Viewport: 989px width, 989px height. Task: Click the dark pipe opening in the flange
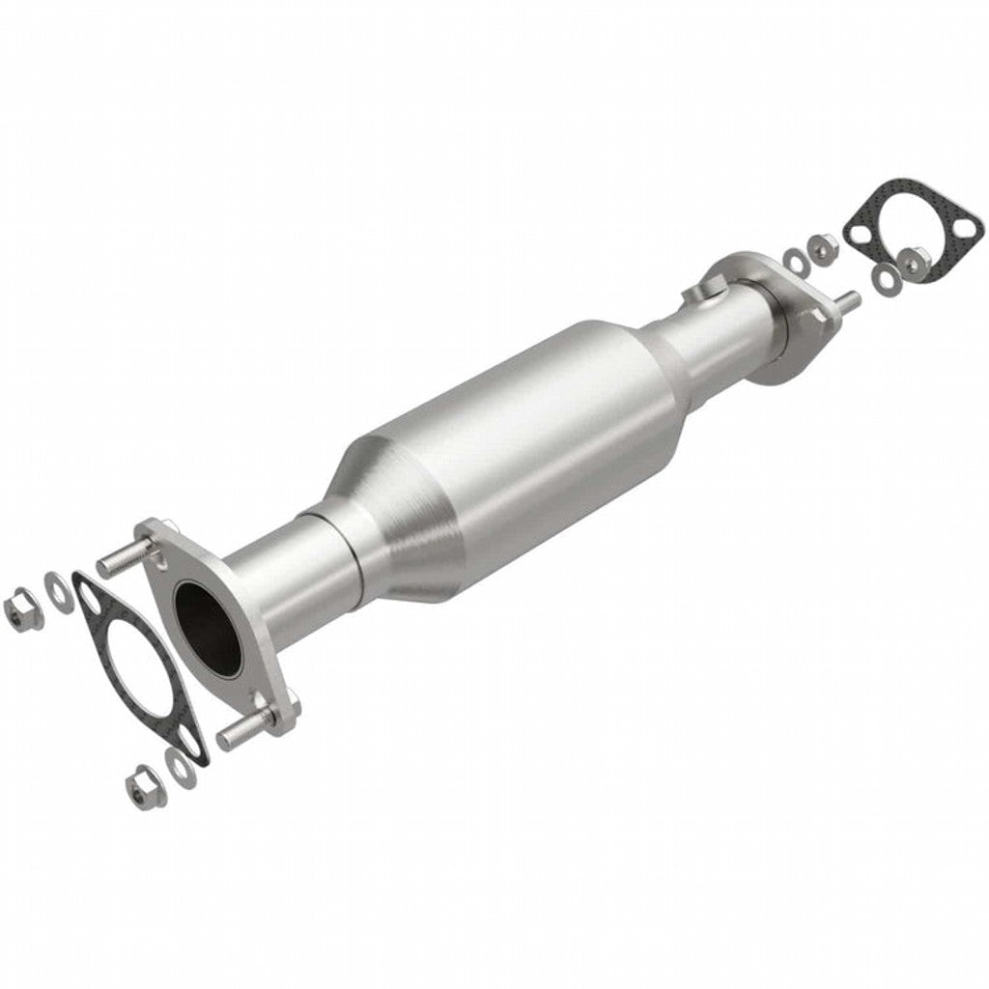click(208, 628)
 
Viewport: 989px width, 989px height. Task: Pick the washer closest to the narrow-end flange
click(796, 260)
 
